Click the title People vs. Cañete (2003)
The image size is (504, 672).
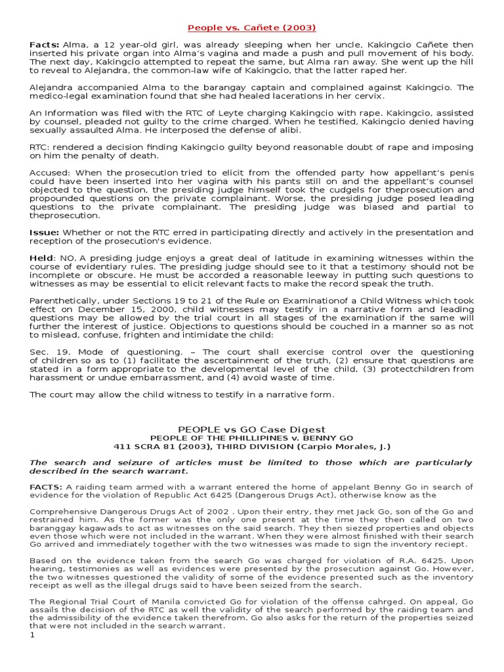tap(252, 28)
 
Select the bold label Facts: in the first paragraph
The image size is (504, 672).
tap(44, 44)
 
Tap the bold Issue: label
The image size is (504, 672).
tap(45, 232)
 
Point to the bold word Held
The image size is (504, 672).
tap(41, 259)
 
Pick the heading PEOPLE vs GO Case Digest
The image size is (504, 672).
tap(252, 429)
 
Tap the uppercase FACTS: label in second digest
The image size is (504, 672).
tap(46, 487)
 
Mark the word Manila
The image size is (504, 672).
tap(154, 601)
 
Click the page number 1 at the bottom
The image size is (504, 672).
tap(32, 635)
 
